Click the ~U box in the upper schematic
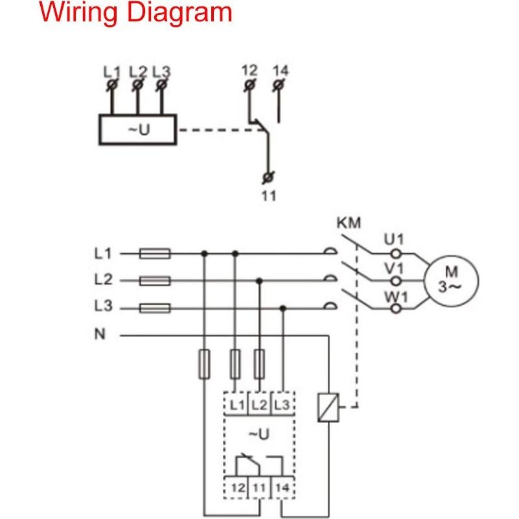pyautogui.click(x=137, y=129)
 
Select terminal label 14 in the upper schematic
pyautogui.click(x=280, y=70)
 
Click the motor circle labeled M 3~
pyautogui.click(x=451, y=280)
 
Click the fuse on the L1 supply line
pyautogui.click(x=156, y=254)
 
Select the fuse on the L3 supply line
pyautogui.click(x=156, y=308)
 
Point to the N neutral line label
pyautogui.click(x=100, y=336)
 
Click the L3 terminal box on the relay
pyautogui.click(x=282, y=405)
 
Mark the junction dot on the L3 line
pyautogui.click(x=283, y=308)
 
